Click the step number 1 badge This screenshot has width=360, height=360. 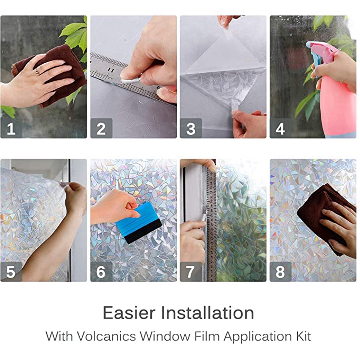[x=11, y=128]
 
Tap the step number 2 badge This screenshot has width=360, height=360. [x=101, y=128]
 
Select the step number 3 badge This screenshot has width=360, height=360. [x=191, y=128]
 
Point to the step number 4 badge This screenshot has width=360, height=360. [x=280, y=128]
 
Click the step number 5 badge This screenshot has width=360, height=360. [x=11, y=271]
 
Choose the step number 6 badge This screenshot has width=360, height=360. [x=101, y=271]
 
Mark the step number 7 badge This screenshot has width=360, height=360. [x=191, y=271]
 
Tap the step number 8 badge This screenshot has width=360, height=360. [x=280, y=271]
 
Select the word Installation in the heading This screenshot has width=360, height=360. [x=207, y=313]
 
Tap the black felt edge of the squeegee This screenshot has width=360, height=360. [x=144, y=231]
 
